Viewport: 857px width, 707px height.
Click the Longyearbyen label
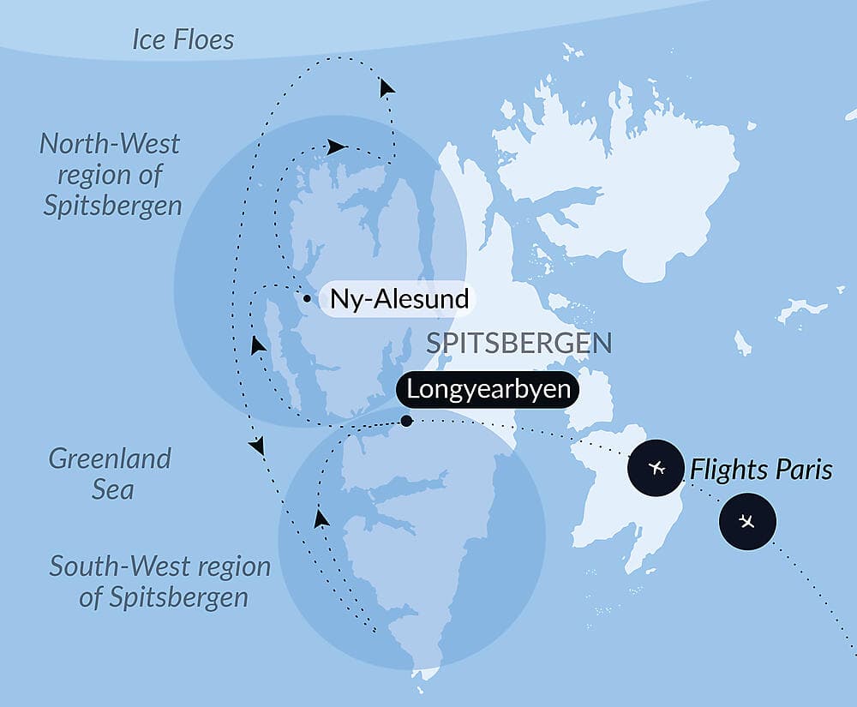(488, 389)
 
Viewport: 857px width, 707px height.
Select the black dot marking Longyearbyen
(406, 421)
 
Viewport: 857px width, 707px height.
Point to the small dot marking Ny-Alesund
(307, 299)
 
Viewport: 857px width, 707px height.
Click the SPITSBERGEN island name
(519, 344)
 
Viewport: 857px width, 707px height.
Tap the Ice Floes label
(183, 39)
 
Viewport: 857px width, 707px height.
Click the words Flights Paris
(761, 470)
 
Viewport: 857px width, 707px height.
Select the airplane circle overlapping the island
(657, 468)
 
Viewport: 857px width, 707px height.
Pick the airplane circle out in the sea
(747, 521)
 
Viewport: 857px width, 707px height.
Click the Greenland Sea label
(110, 474)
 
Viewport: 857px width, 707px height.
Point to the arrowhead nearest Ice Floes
(387, 87)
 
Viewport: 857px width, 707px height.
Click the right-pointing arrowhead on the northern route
(337, 147)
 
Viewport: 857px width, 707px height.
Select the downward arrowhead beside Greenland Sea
(255, 446)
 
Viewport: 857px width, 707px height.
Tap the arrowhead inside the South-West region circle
(321, 518)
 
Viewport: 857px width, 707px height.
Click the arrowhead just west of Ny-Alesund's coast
(257, 345)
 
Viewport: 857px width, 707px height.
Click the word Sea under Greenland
(114, 490)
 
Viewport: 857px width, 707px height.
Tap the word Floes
(207, 39)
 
